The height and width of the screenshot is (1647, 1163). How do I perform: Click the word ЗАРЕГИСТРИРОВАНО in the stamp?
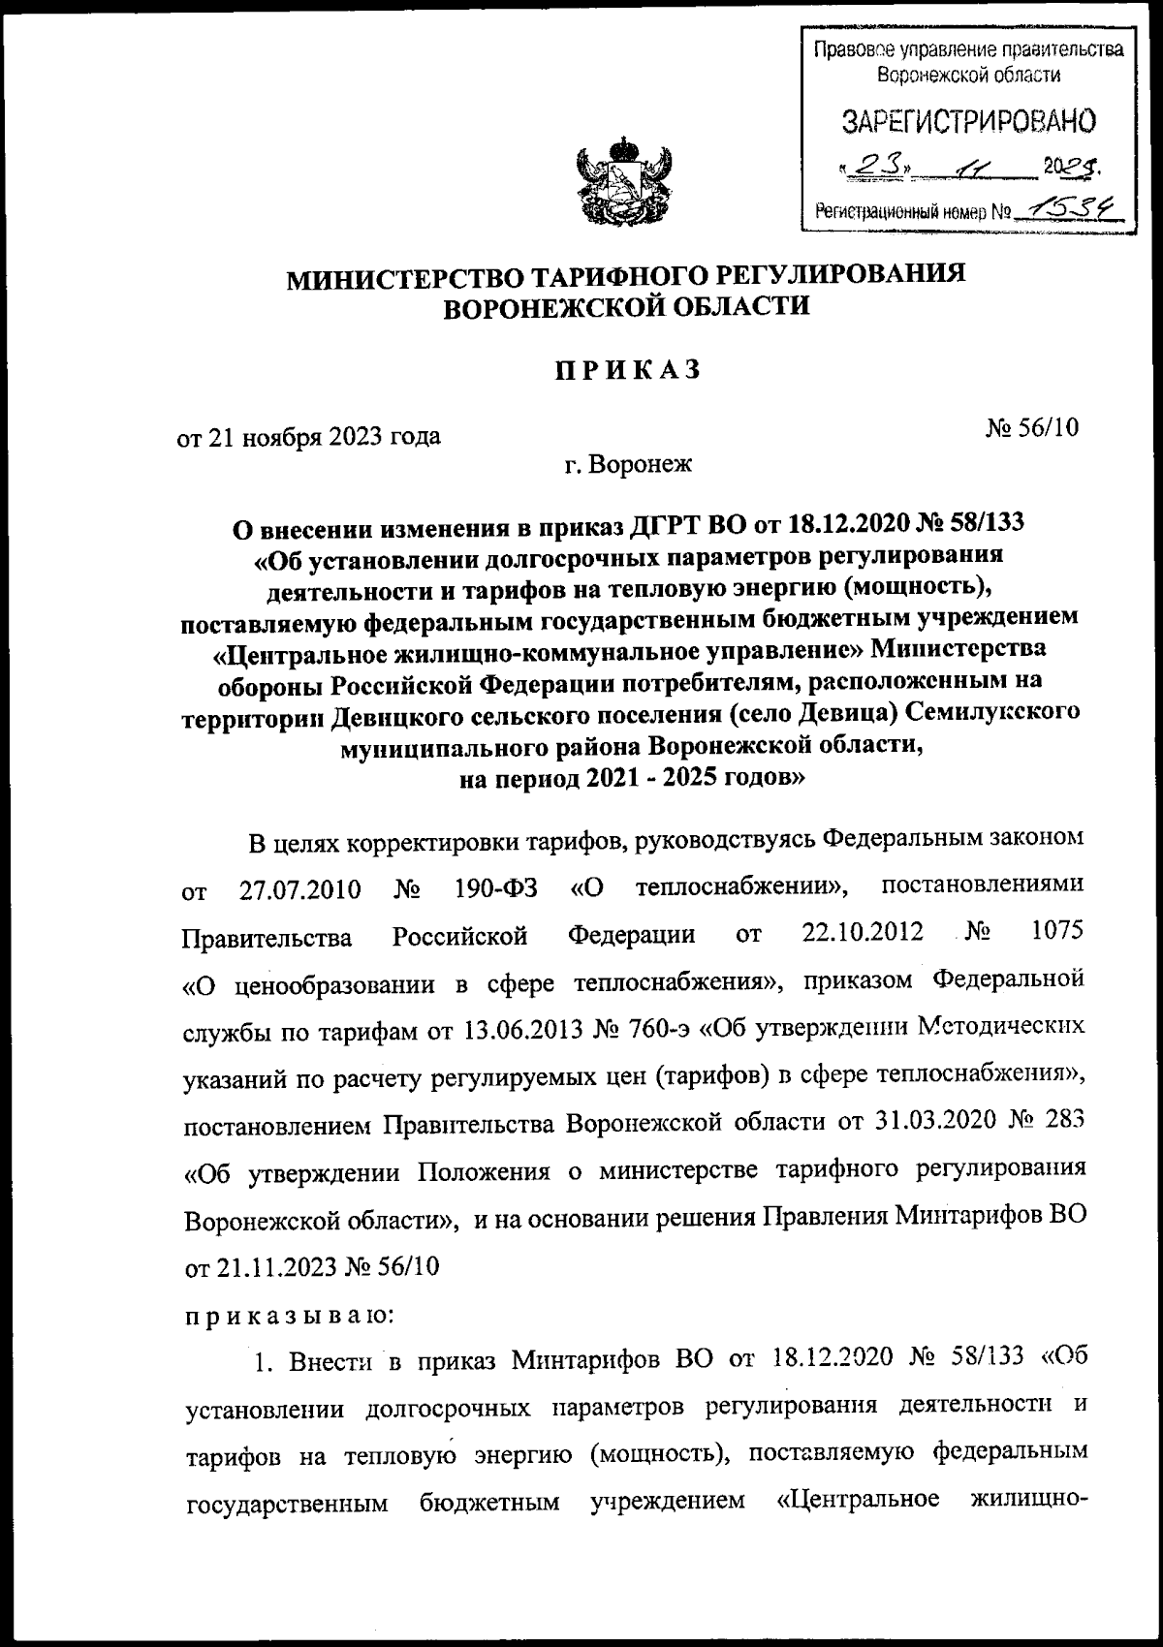[x=968, y=121]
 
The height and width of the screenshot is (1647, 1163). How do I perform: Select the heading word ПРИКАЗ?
[x=627, y=370]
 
